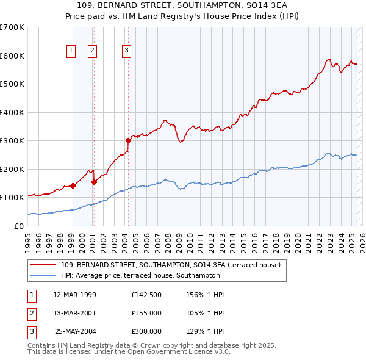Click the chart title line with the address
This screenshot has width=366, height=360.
182,5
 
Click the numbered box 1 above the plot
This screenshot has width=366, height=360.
72,51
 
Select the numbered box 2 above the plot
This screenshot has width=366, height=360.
93,51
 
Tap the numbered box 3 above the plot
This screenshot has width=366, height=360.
126,51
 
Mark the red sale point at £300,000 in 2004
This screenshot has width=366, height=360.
128,140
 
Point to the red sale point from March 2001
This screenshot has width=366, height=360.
94,181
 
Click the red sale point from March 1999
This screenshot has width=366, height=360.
73,185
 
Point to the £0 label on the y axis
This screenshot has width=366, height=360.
18,226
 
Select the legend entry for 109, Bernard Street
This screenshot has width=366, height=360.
170,265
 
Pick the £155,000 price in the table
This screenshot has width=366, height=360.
146,313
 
